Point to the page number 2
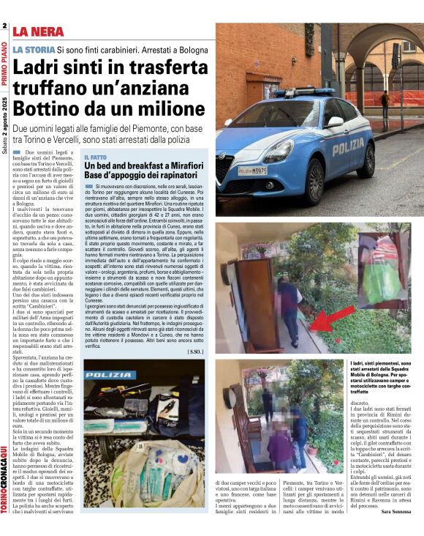(4, 27)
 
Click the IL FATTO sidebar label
(96, 157)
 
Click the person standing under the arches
(385, 103)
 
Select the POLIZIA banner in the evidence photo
(113, 373)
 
